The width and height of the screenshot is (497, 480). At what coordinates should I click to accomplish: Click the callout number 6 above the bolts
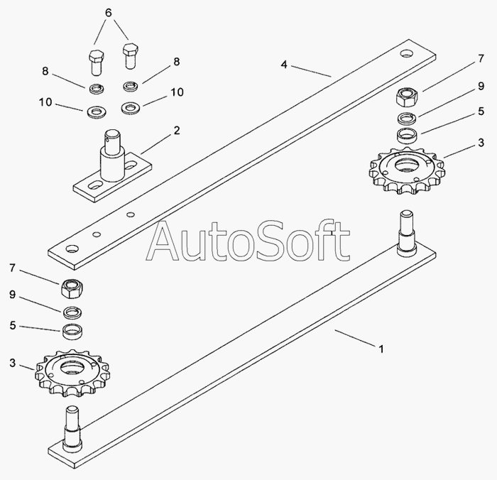click(108, 13)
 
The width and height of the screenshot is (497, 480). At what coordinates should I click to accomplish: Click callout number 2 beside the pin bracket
click(176, 131)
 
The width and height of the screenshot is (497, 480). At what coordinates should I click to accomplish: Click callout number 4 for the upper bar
click(283, 64)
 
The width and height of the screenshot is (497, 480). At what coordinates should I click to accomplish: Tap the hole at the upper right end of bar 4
click(405, 53)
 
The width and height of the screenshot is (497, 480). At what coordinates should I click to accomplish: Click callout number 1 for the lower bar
click(381, 349)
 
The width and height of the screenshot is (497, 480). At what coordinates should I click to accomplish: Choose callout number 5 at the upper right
click(480, 111)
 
